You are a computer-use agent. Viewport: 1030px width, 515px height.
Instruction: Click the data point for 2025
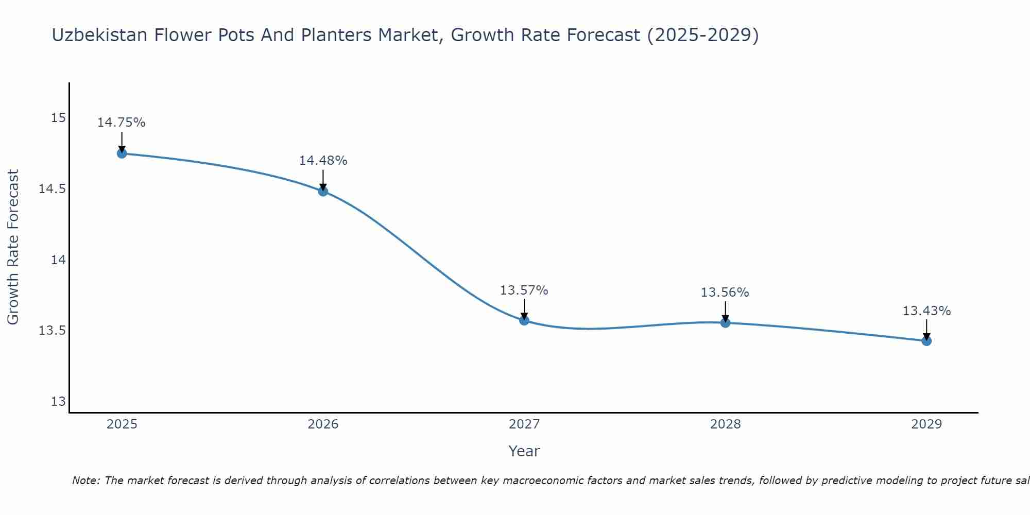pos(122,153)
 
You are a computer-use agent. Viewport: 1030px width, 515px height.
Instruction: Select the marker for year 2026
pos(323,192)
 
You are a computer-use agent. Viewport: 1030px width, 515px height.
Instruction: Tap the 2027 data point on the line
pos(524,320)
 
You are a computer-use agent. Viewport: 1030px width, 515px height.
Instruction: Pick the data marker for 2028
pos(725,323)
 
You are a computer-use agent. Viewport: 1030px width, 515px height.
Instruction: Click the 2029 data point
pos(926,341)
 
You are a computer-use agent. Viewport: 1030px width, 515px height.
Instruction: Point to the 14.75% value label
pos(122,123)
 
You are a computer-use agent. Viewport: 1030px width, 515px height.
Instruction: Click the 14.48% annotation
pos(323,161)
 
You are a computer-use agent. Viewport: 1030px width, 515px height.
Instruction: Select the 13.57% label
pos(524,290)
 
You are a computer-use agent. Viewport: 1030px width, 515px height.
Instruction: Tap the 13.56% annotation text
pos(725,293)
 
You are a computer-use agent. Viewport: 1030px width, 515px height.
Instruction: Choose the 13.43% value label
pos(926,311)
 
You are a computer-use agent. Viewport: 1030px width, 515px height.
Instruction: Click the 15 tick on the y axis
pos(58,118)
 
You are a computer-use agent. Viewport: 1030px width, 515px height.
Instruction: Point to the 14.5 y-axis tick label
pos(53,189)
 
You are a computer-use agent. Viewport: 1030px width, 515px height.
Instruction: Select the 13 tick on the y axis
pos(58,402)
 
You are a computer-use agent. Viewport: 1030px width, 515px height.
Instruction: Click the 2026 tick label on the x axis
pos(323,424)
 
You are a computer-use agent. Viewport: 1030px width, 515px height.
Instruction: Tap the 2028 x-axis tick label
pos(725,424)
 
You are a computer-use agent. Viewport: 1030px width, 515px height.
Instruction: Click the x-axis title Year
pos(524,451)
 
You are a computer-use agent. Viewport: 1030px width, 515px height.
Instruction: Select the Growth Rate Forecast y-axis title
pos(13,247)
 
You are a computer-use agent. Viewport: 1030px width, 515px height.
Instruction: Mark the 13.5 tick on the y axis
pos(53,331)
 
